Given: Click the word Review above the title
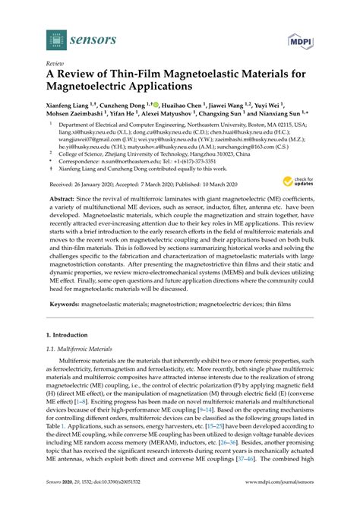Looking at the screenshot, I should click(55, 63).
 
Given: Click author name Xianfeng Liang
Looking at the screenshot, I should click(73, 108).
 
